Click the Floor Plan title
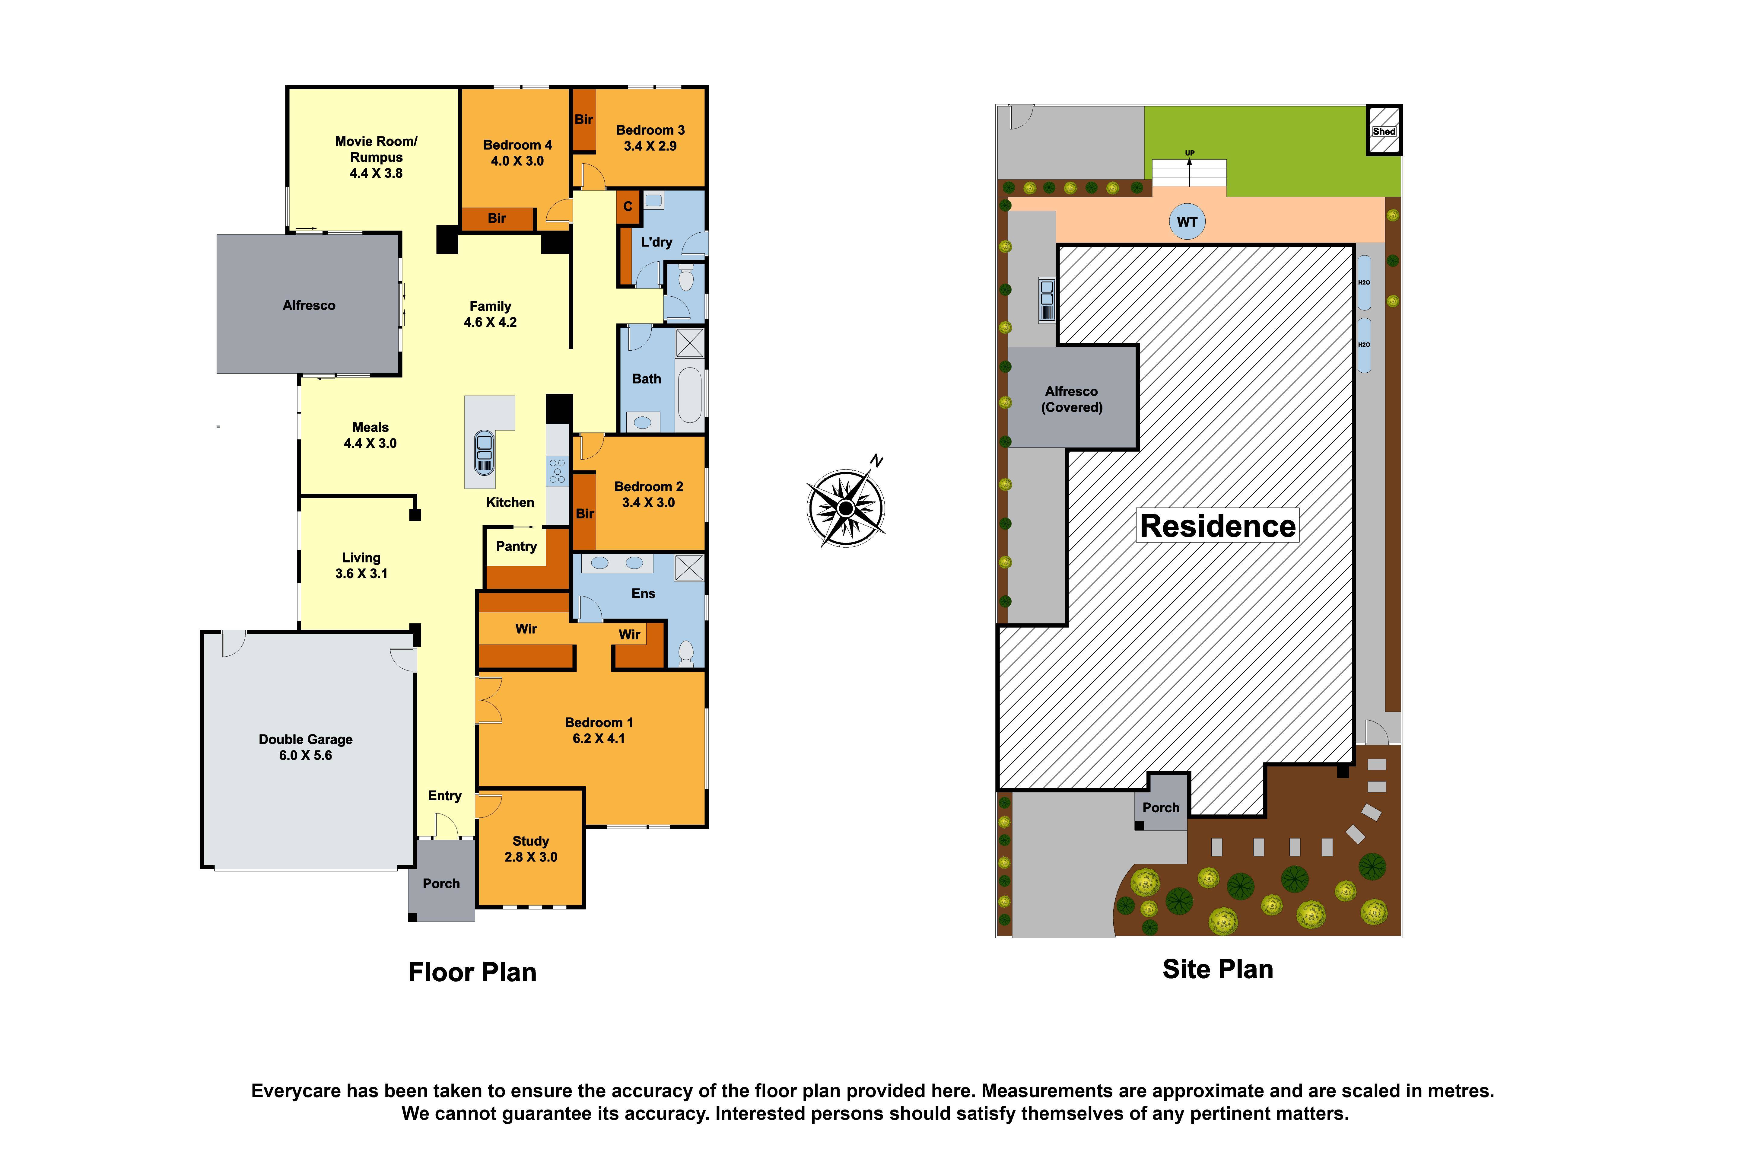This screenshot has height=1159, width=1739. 472,972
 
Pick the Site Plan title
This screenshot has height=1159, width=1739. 1217,969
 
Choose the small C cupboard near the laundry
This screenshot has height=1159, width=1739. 628,206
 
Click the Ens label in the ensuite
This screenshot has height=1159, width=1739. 643,594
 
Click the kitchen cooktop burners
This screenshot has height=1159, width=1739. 557,471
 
